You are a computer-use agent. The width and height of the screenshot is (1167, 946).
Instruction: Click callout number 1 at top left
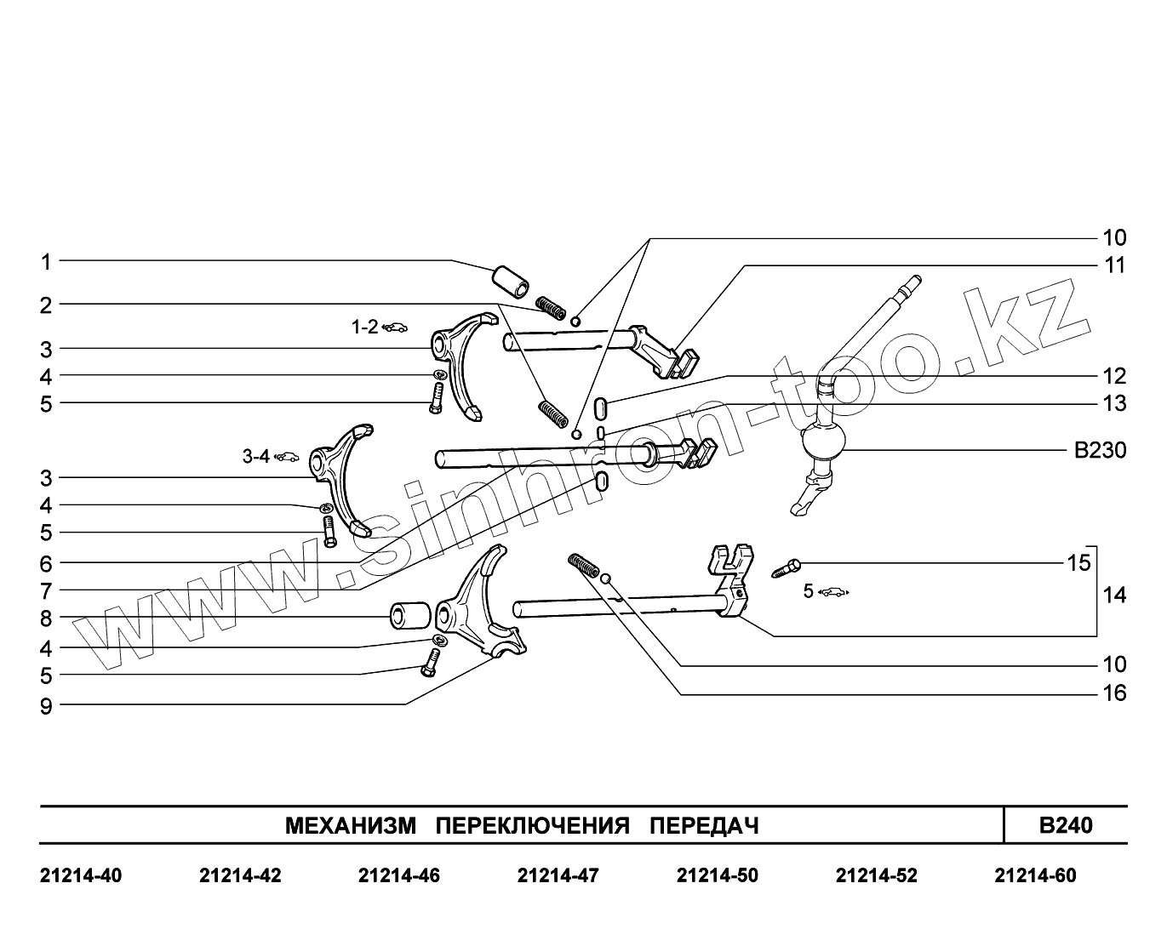tap(47, 262)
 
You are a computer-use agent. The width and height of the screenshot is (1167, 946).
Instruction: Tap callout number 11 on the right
tap(1114, 265)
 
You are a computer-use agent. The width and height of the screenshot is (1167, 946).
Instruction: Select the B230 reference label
tap(1100, 450)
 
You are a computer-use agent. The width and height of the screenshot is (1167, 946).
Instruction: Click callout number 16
tap(1114, 693)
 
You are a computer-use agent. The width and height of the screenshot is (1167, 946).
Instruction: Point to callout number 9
tap(47, 705)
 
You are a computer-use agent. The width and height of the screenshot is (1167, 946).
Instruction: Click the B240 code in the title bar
tap(1066, 825)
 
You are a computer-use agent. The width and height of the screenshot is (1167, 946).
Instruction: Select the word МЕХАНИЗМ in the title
tap(351, 826)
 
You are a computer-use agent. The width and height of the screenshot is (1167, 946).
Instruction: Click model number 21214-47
tap(558, 875)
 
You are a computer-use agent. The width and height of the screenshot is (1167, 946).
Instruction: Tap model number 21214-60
tap(1035, 875)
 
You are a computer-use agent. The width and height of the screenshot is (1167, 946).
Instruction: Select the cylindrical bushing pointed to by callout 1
tap(509, 280)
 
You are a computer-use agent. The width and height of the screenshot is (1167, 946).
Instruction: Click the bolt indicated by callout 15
tap(787, 567)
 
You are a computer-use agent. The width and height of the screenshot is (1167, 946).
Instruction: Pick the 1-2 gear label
tap(366, 327)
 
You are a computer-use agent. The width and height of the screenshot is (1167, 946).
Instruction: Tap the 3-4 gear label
tap(256, 457)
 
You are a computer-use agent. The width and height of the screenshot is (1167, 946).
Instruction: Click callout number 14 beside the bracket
tap(1114, 596)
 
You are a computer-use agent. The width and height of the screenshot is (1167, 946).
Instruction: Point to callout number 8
tap(47, 618)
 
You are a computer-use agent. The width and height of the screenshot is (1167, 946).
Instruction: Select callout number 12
tap(1114, 376)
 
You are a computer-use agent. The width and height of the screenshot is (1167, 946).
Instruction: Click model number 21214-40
tap(81, 875)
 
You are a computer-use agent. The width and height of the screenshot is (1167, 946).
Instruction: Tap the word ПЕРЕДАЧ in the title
tap(704, 826)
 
